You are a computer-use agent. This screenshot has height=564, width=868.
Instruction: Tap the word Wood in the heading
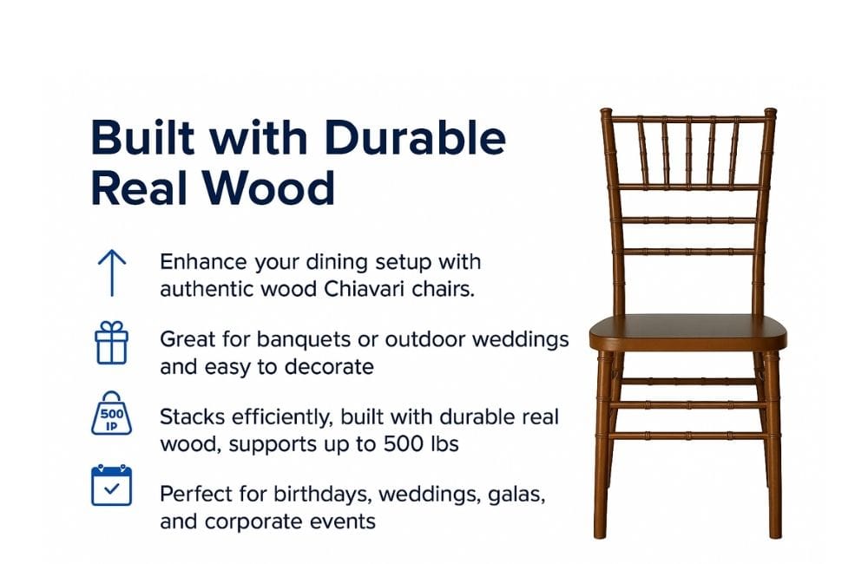[x=270, y=189]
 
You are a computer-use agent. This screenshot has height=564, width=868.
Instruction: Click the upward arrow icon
[x=112, y=272]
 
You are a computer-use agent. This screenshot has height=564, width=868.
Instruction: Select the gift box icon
[x=111, y=343]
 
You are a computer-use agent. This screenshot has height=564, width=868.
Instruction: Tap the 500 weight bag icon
[x=111, y=413]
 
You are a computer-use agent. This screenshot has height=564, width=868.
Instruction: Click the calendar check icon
[x=111, y=485]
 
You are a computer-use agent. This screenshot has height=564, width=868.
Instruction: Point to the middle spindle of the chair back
[x=688, y=153]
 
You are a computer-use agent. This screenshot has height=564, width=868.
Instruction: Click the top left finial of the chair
[x=606, y=112]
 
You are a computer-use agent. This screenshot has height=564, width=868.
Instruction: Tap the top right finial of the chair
[x=770, y=112]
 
